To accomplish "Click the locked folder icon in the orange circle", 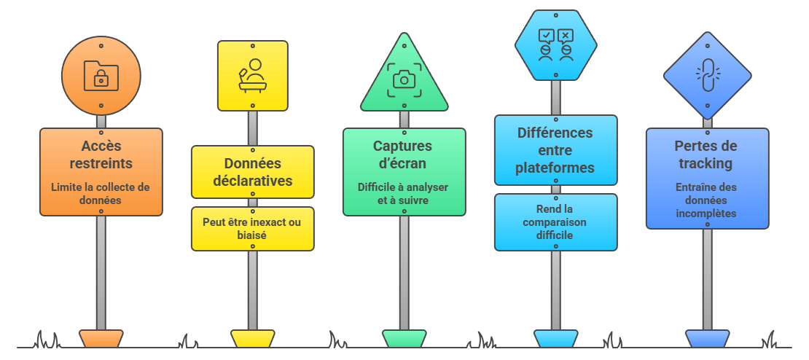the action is pyautogui.click(x=101, y=76).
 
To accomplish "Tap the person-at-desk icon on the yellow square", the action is pyautogui.click(x=252, y=76).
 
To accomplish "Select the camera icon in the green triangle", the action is pyautogui.click(x=404, y=80).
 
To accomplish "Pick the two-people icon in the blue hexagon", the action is pyautogui.click(x=555, y=44).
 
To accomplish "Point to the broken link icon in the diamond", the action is pyautogui.click(x=708, y=76).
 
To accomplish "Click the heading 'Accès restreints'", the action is pyautogui.click(x=101, y=154).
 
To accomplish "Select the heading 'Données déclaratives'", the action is pyautogui.click(x=252, y=172).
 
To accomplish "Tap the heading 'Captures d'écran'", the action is pyautogui.click(x=404, y=154).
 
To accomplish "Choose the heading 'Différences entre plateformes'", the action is pyautogui.click(x=555, y=151).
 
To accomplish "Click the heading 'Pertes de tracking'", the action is pyautogui.click(x=706, y=154).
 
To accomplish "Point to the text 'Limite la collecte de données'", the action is pyautogui.click(x=101, y=194).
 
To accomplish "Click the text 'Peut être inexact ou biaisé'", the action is pyautogui.click(x=252, y=229).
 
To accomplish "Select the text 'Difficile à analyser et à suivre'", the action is pyautogui.click(x=404, y=194).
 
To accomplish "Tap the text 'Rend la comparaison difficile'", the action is pyautogui.click(x=555, y=222).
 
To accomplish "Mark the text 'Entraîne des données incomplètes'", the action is pyautogui.click(x=706, y=200).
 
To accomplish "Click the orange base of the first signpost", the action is pyautogui.click(x=101, y=338).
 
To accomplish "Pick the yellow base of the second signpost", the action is pyautogui.click(x=252, y=338).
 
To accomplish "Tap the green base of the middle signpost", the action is pyautogui.click(x=404, y=338).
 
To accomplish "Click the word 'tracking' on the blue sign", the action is pyautogui.click(x=706, y=163).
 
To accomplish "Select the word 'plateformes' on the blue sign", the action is pyautogui.click(x=555, y=168).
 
